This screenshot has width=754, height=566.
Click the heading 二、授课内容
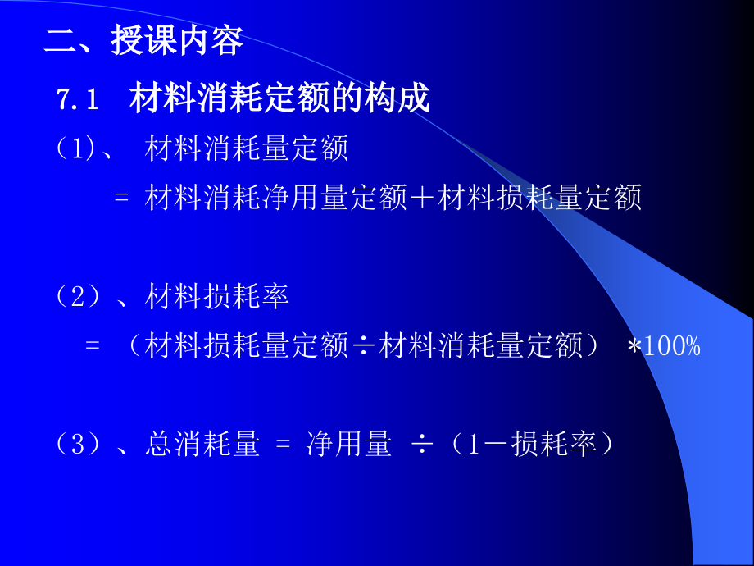click(x=144, y=41)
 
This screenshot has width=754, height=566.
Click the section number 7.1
click(x=77, y=100)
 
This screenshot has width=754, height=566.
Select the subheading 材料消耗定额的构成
click(x=279, y=100)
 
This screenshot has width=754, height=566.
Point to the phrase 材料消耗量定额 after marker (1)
click(x=247, y=149)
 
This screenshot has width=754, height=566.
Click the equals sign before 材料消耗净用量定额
click(x=122, y=199)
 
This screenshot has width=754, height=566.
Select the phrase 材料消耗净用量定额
click(x=276, y=199)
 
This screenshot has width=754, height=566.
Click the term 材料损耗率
click(x=217, y=297)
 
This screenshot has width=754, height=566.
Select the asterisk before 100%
click(x=634, y=348)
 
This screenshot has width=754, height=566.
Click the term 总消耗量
click(x=202, y=445)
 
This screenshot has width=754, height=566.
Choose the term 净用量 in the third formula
click(x=349, y=445)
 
